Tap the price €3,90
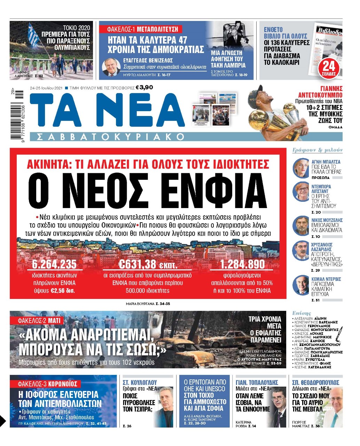144,87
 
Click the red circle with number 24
328,66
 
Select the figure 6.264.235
54,264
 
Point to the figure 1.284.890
242,264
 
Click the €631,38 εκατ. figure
148,264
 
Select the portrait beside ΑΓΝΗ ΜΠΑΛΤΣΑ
300,167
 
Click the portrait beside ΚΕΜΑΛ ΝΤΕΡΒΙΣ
300,285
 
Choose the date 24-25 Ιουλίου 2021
46,88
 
